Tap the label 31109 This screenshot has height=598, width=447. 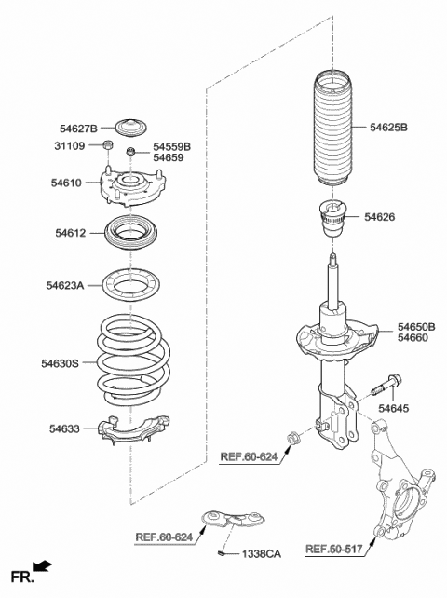click(73, 146)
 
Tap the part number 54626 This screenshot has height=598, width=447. click(380, 217)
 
